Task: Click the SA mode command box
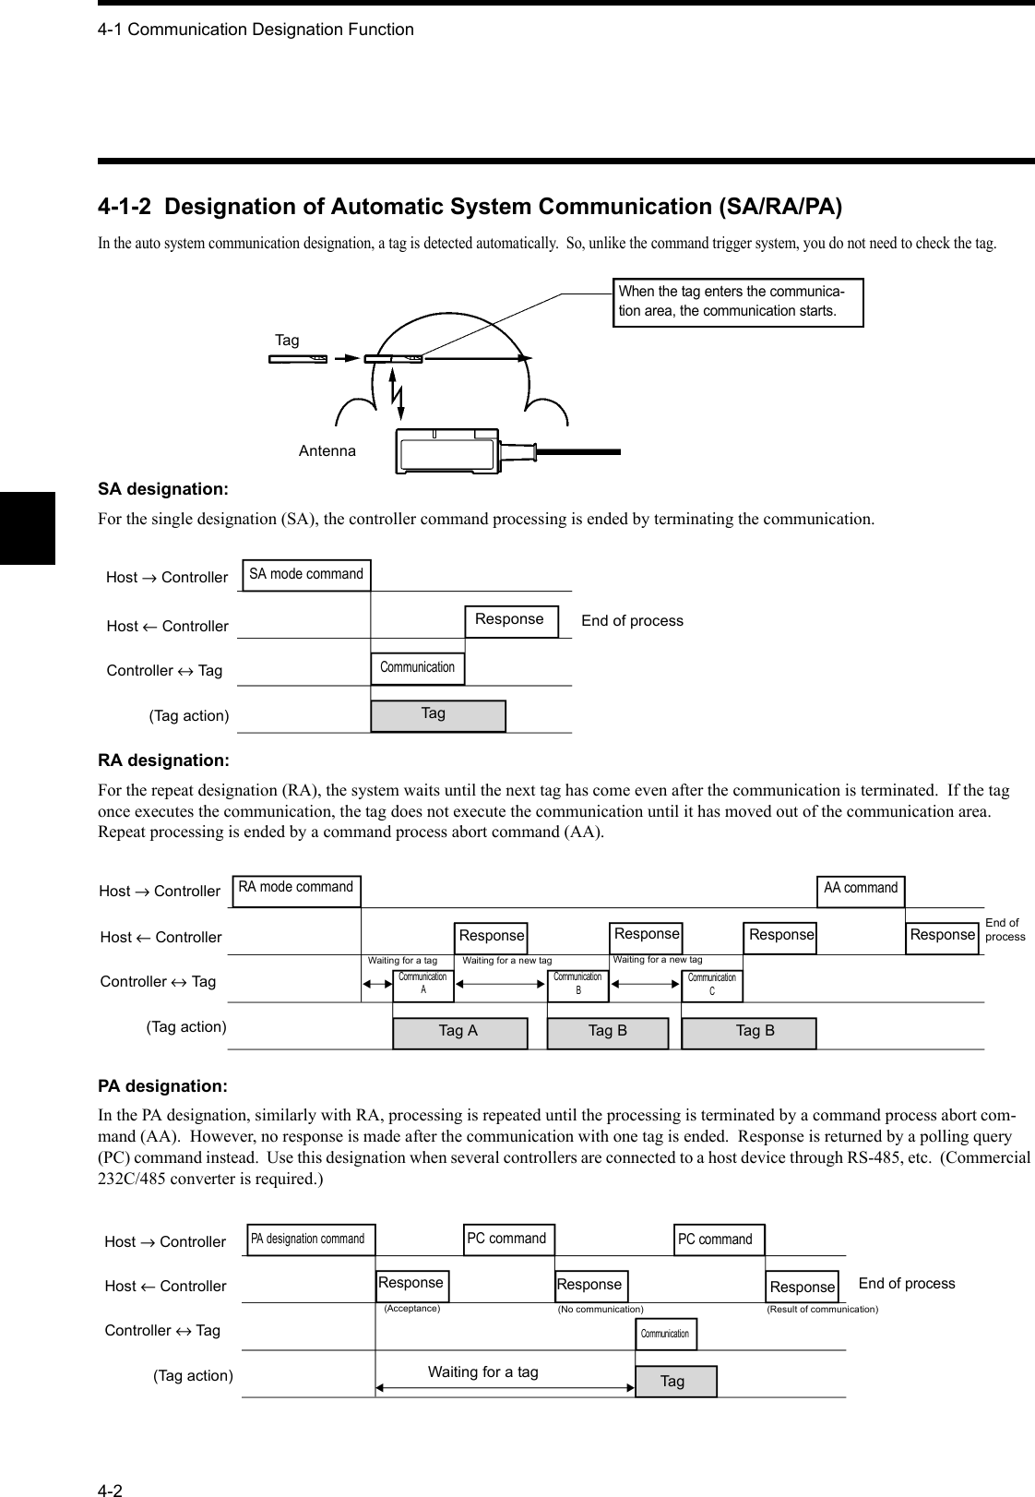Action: [x=306, y=574]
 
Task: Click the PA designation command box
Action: [x=308, y=1240]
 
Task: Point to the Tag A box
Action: [x=459, y=1033]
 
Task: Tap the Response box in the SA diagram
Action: [x=511, y=620]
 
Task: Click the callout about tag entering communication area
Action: [x=738, y=302]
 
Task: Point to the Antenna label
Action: [x=327, y=451]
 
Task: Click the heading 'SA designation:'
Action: [x=163, y=487]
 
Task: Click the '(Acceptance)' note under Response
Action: [x=411, y=1308]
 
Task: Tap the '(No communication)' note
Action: [x=601, y=1309]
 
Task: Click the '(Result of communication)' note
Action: [x=822, y=1309]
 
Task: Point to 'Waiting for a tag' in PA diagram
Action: [x=482, y=1372]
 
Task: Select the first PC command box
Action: [x=507, y=1239]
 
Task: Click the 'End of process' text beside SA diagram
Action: [x=632, y=621]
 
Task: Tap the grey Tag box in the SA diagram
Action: [x=437, y=715]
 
